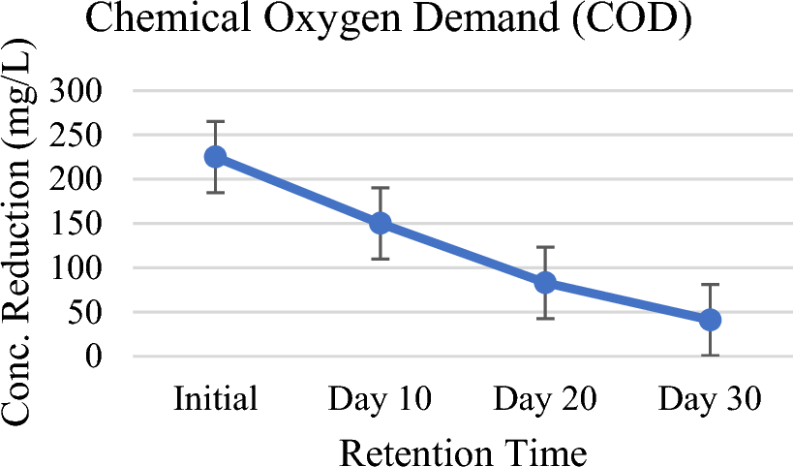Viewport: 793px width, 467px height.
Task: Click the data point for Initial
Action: pyautogui.click(x=215, y=157)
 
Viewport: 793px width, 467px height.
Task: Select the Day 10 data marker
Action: pyautogui.click(x=380, y=223)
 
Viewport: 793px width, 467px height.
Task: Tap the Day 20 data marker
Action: pyautogui.click(x=545, y=283)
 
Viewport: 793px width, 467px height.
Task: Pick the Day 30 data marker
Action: pyautogui.click(x=710, y=320)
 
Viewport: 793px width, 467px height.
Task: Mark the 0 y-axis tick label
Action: pyautogui.click(x=107, y=357)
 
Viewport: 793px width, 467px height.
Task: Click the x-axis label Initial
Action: pyautogui.click(x=215, y=400)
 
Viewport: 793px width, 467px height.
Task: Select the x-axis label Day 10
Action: pyautogui.click(x=380, y=400)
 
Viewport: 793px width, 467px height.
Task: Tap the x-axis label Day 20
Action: pyautogui.click(x=545, y=400)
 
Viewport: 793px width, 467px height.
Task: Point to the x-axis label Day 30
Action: pyautogui.click(x=710, y=400)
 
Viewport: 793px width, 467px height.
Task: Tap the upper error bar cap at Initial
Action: pyautogui.click(x=215, y=121)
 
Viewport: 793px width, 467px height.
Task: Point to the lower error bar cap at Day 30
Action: pyautogui.click(x=710, y=356)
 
